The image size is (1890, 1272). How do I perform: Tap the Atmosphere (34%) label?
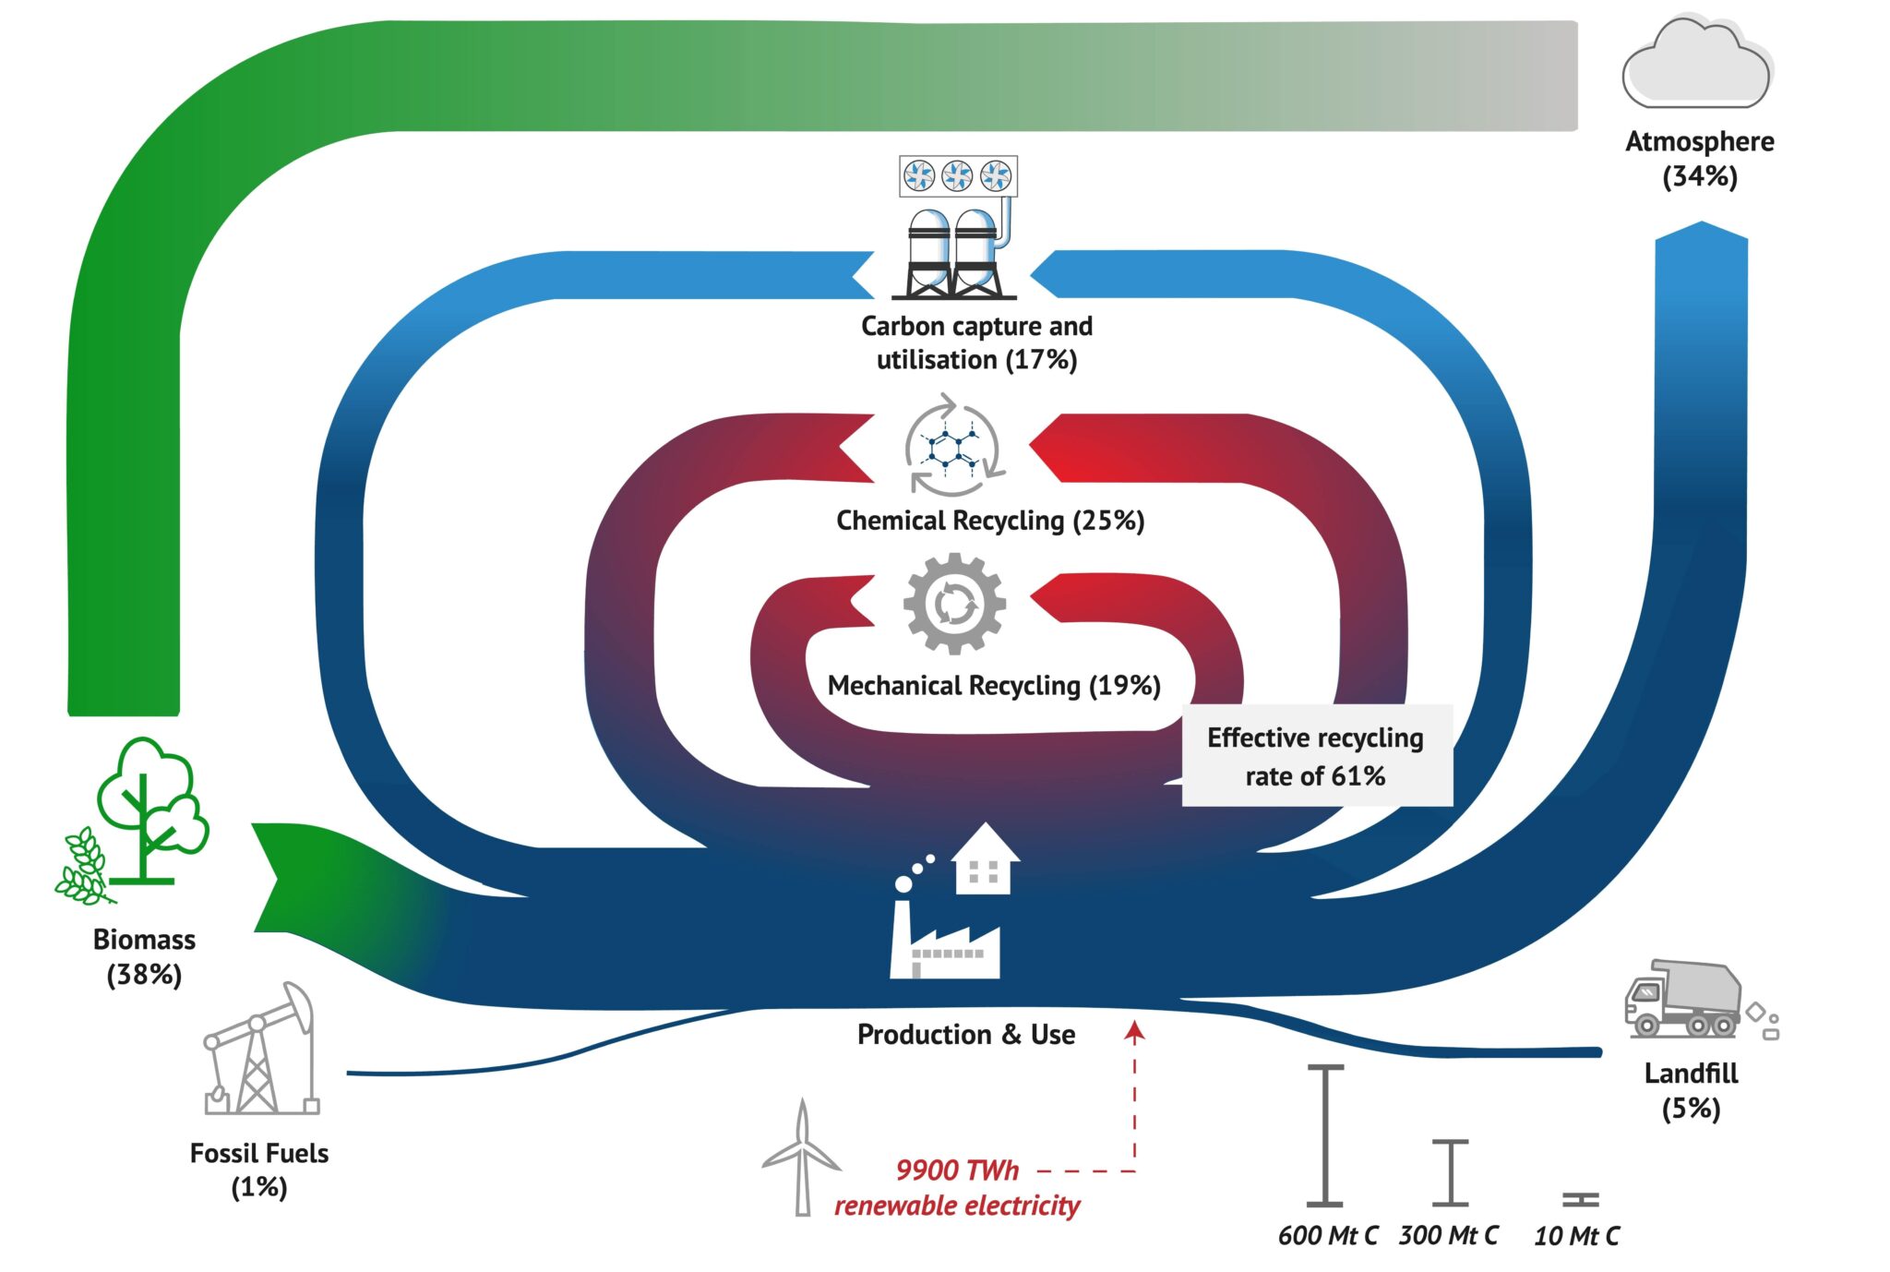click(x=1699, y=159)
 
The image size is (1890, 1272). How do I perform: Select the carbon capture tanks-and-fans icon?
click(x=957, y=229)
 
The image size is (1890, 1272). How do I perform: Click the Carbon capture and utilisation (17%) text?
click(x=976, y=342)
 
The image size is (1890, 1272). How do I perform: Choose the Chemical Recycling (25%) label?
click(x=989, y=521)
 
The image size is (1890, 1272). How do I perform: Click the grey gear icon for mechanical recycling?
click(x=954, y=605)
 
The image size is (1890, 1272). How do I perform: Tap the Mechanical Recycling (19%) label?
click(x=994, y=686)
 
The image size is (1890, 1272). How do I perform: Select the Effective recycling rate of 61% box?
click(x=1316, y=756)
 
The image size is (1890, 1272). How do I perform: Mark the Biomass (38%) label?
click(x=144, y=956)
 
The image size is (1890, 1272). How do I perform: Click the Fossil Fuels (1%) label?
click(x=259, y=1170)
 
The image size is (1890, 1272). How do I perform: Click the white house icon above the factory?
click(x=985, y=859)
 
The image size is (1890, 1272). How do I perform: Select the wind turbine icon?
click(x=801, y=1158)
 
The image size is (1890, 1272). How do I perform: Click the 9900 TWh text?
click(x=957, y=1170)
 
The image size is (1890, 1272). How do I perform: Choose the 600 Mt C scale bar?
click(x=1325, y=1135)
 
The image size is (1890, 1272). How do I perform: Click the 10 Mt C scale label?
click(x=1576, y=1236)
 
